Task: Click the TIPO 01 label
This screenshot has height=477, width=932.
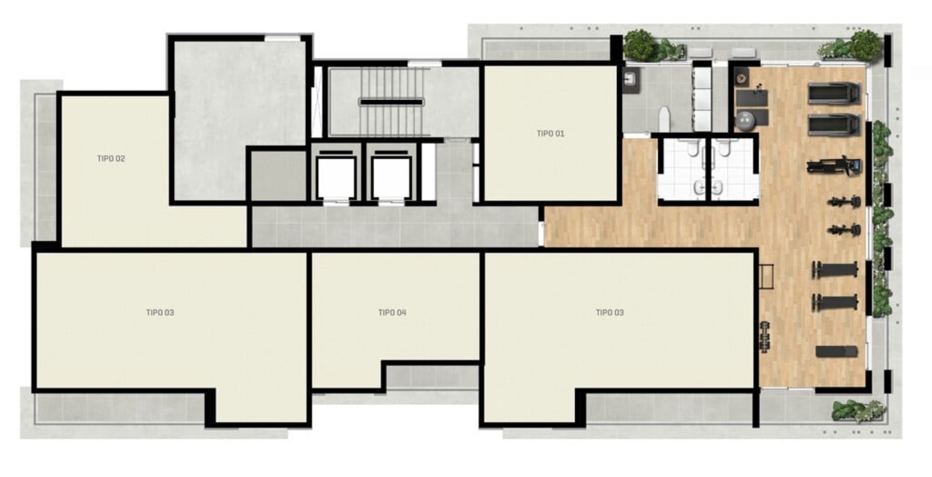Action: [x=550, y=134]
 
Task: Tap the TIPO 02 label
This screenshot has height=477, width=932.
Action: [x=111, y=158]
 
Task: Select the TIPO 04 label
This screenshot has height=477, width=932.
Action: [x=392, y=313]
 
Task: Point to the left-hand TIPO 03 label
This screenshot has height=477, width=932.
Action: [x=160, y=313]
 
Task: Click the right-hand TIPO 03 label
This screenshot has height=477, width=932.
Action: [x=610, y=313]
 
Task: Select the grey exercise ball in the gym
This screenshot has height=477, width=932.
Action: [x=744, y=120]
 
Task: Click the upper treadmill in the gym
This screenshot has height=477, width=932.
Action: [x=834, y=93]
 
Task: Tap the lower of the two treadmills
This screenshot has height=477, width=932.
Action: [x=834, y=124]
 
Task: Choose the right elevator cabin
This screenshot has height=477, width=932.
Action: [x=391, y=177]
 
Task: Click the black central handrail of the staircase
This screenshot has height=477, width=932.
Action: [x=391, y=102]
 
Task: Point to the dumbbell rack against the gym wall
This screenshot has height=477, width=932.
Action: [x=765, y=337]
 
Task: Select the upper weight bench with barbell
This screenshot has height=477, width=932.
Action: [x=835, y=270]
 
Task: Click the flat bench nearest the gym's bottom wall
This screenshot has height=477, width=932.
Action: [x=837, y=352]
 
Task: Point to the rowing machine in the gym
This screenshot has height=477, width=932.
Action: [x=834, y=165]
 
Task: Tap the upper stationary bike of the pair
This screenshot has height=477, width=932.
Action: [x=844, y=202]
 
